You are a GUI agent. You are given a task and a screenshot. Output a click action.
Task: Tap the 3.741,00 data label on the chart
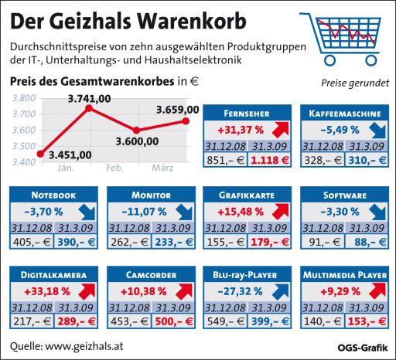(89, 98)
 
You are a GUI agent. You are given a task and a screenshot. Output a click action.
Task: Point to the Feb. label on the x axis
(114, 168)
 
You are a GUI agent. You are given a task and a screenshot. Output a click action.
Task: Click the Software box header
(344, 194)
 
